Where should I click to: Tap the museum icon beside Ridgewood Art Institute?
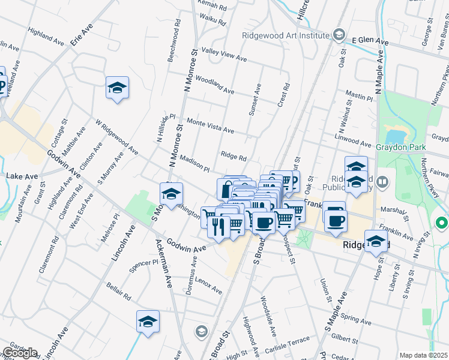(339, 35)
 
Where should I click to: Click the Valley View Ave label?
(224, 55)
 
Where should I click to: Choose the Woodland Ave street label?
(214, 86)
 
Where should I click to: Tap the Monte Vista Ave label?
(210, 125)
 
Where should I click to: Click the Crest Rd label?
(283, 95)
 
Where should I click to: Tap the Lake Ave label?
(20, 176)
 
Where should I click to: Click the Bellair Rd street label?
(118, 291)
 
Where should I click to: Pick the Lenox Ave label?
(209, 287)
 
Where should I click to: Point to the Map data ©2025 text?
(423, 355)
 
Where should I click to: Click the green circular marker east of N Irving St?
(442, 224)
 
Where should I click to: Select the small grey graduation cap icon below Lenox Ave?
(202, 331)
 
